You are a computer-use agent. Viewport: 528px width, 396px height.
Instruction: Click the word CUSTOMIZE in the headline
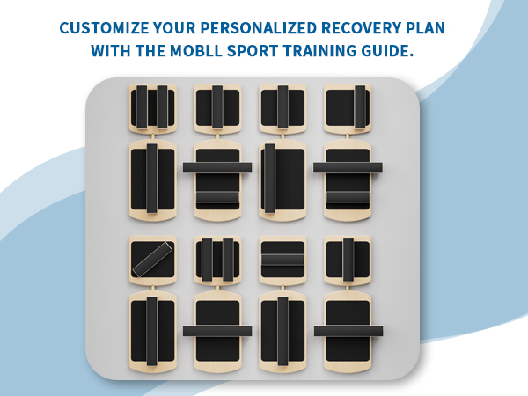pyautogui.click(x=104, y=28)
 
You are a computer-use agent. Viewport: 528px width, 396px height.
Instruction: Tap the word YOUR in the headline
pyautogui.click(x=174, y=28)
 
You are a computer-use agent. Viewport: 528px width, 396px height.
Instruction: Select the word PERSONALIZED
pyautogui.click(x=258, y=28)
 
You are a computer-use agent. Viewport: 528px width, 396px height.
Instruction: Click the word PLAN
pyautogui.click(x=425, y=28)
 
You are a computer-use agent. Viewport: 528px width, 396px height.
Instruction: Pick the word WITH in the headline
pyautogui.click(x=111, y=51)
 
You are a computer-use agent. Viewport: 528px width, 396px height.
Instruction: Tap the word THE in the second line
pyautogui.click(x=150, y=51)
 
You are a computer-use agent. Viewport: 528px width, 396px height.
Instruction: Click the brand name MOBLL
pyautogui.click(x=196, y=51)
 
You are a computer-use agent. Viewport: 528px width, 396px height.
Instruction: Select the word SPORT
pyautogui.click(x=253, y=51)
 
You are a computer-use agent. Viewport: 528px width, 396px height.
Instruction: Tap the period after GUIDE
pyautogui.click(x=410, y=55)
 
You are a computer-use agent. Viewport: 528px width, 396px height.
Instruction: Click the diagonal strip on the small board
pyautogui.click(x=152, y=260)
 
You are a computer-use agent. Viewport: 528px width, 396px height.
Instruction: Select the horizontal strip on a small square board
pyautogui.click(x=282, y=260)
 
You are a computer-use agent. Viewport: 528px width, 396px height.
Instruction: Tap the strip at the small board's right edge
pyautogui.click(x=360, y=107)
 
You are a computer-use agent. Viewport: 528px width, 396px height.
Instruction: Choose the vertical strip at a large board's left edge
pyautogui.click(x=270, y=179)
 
